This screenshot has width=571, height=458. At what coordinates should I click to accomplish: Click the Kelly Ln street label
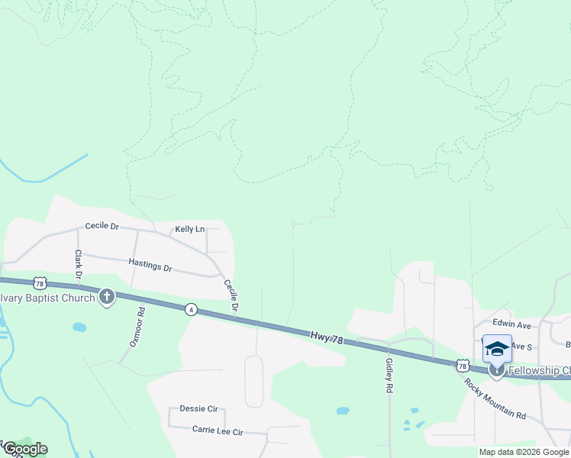[190, 229]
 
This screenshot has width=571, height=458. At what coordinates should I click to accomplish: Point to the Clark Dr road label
[78, 263]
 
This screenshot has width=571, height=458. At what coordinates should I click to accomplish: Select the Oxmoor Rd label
[138, 327]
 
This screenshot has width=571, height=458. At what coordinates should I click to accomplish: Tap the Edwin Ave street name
[511, 324]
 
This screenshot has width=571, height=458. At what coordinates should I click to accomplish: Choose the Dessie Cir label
[198, 409]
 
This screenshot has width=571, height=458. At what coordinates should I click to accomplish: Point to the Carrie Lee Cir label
[217, 431]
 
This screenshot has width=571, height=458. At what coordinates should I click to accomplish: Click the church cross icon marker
[107, 297]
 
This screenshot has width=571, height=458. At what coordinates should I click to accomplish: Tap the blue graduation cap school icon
[497, 349]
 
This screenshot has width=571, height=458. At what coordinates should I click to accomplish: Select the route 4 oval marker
[191, 309]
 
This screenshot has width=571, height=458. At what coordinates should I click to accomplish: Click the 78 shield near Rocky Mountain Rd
[463, 366]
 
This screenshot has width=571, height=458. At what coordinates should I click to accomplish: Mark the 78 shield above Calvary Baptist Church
[40, 282]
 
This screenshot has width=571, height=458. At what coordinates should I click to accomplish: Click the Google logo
[24, 449]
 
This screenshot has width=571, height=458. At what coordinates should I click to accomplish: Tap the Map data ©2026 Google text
[524, 452]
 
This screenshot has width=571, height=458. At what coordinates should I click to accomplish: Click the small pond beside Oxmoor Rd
[79, 327]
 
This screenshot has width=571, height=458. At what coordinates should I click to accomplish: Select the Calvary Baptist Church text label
[47, 297]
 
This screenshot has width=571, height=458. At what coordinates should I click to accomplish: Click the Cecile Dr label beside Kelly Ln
[102, 226]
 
